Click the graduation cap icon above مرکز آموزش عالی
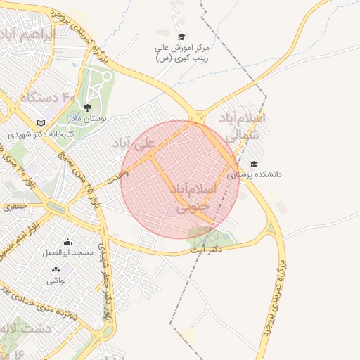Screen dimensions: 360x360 pos(181,37)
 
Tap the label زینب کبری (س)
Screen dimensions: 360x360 pos(181,58)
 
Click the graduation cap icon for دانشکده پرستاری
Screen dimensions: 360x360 pos(253,164)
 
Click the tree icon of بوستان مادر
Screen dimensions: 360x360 pos(87,108)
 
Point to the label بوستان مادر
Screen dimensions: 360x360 pos(88,119)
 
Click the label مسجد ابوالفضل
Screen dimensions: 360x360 pos(63,252)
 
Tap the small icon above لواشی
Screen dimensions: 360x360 pos(56,270)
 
